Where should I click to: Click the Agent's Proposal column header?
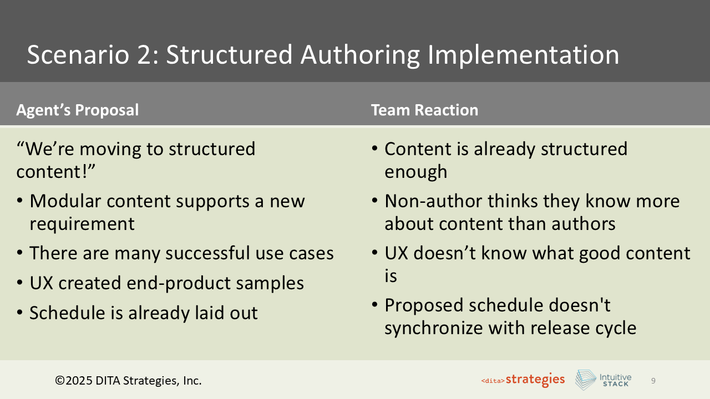(78, 110)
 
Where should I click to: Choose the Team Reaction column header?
(424, 110)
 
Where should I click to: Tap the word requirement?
(82, 224)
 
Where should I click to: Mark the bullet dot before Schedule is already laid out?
(20, 313)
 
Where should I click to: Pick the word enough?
(416, 172)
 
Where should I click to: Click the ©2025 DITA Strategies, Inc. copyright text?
(128, 381)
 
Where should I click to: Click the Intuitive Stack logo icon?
(585, 380)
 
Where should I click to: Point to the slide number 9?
(653, 381)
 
